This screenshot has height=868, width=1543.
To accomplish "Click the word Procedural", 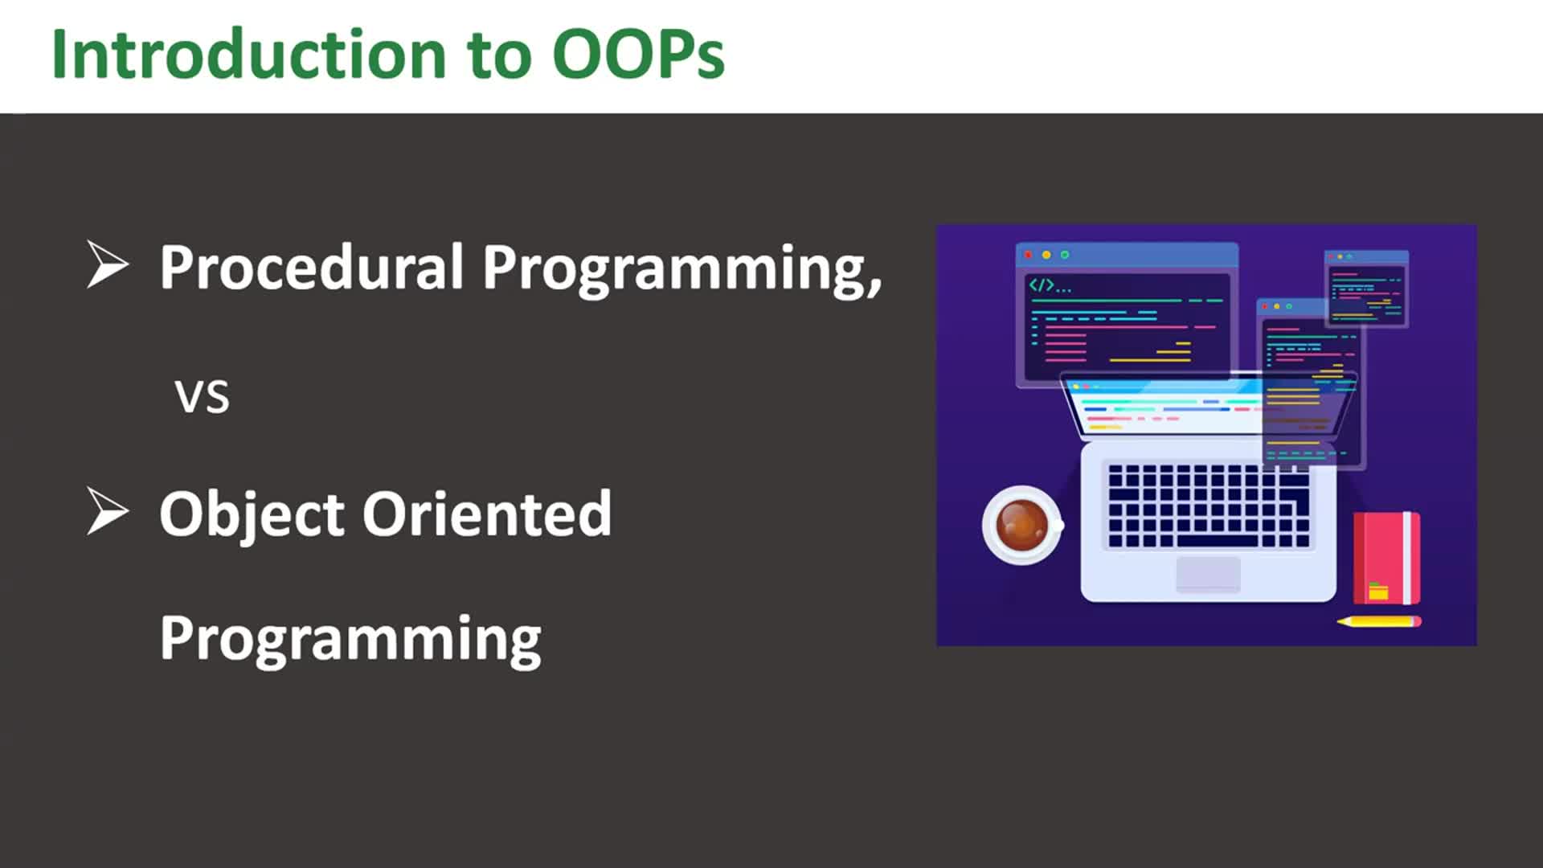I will [x=312, y=267].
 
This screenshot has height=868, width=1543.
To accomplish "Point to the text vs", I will [x=202, y=396].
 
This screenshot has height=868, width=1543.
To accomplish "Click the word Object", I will [x=252, y=514].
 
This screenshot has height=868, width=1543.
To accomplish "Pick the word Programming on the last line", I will [x=350, y=639].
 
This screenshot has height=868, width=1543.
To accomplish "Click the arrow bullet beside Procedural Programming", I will [x=107, y=264].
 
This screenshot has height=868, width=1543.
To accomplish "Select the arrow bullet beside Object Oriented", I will [x=107, y=511].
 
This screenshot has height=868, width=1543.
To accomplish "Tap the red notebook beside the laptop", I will [x=1386, y=557].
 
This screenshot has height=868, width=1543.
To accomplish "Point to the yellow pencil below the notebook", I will [x=1379, y=621].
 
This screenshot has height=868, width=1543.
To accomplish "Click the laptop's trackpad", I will [x=1208, y=574].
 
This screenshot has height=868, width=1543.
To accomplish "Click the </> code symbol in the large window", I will [x=1042, y=285].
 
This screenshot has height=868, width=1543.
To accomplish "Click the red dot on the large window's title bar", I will [x=1028, y=255].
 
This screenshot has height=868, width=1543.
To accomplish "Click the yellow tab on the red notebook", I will [x=1378, y=592].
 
